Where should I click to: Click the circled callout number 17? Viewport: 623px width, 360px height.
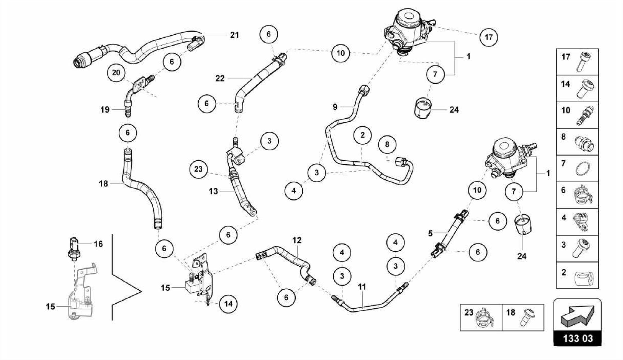tap(488, 37)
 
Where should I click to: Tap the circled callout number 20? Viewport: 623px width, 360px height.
tap(116, 72)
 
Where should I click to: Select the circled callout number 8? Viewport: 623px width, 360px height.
tap(387, 144)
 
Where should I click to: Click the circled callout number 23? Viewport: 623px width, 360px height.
tap(198, 169)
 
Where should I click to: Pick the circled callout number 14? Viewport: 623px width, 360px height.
tap(228, 304)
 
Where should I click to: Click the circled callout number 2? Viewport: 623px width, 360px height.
tap(362, 135)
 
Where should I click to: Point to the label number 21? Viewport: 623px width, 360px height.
tap(234, 35)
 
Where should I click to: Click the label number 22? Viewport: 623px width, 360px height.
tap(220, 79)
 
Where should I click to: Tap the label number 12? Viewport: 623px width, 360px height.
tap(297, 240)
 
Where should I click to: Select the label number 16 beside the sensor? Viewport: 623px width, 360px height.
tap(98, 244)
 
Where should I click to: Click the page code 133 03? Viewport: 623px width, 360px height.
tap(578, 338)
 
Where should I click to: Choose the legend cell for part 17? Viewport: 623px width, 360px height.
tap(577, 62)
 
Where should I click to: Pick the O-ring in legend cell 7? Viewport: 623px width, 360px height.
tap(583, 169)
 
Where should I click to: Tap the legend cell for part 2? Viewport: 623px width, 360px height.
tap(577, 275)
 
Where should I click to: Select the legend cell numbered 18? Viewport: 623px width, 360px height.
tap(523, 317)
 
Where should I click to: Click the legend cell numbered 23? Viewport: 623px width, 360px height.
tap(481, 317)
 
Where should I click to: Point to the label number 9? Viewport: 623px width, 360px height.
tap(335, 107)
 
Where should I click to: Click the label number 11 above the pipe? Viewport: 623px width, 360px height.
tap(362, 287)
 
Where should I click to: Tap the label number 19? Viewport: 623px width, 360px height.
tap(105, 110)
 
